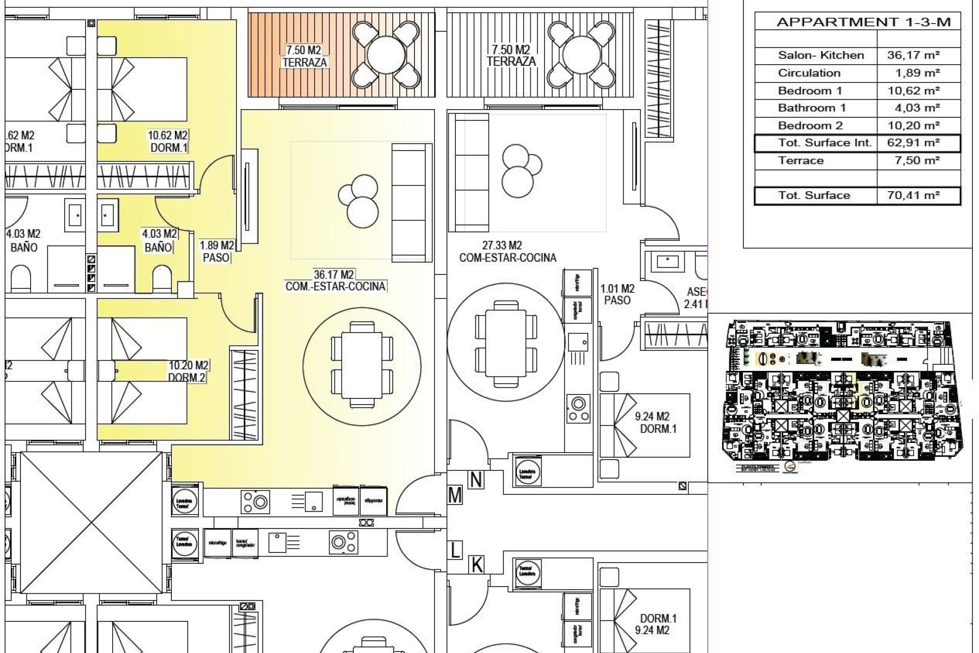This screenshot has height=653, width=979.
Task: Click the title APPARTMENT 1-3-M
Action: coord(863,22)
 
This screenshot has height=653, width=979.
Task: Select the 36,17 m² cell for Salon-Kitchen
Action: coord(913,55)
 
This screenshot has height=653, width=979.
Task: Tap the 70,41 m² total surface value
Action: coord(913,195)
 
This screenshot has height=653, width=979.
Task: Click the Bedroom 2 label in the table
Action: coord(810,125)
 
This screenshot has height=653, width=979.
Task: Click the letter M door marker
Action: coord(455,495)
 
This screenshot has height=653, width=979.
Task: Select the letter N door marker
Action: coord(476,480)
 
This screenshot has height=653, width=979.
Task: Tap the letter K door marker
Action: coord(477,565)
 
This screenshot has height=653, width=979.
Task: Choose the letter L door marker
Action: coord(455,550)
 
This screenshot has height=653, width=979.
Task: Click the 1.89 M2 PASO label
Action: coord(217,252)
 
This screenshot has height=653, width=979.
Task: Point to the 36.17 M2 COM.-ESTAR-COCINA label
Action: coord(335,281)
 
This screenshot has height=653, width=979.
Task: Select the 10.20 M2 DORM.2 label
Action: coord(188,371)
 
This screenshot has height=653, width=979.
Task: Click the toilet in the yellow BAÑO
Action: coord(162,278)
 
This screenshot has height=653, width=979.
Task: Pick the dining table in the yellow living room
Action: coord(362,364)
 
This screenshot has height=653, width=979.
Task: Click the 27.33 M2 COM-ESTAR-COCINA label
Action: coord(507,252)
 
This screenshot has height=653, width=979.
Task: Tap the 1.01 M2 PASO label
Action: coord(617,295)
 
